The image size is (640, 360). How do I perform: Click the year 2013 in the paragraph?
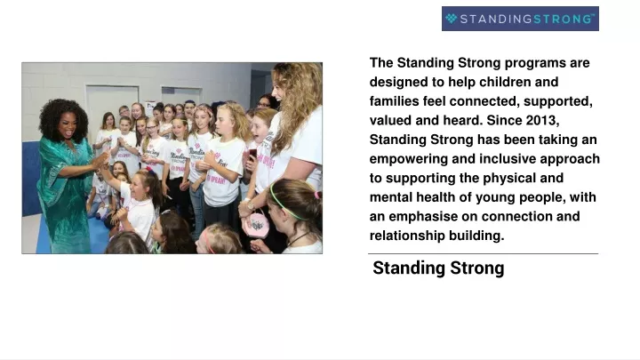pos(541,120)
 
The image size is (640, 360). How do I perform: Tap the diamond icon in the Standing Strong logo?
pos(451,19)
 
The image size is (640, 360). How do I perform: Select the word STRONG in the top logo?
pos(563,19)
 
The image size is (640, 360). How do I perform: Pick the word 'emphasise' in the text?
pos(423,217)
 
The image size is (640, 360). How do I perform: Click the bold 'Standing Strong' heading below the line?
pos(438,268)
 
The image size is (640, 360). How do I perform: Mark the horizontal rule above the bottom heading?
pos(483,254)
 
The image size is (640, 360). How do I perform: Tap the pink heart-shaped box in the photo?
pos(257,224)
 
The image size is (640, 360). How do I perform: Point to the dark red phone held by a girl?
pos(252,155)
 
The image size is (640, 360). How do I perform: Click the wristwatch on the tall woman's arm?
pos(251,204)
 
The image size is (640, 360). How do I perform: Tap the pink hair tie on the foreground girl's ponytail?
pos(317,195)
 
